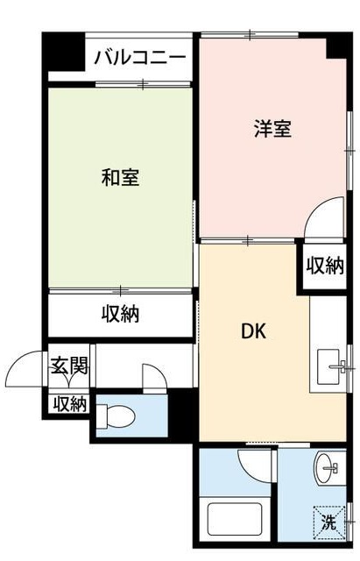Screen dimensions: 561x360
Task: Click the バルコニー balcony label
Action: tap(139, 59)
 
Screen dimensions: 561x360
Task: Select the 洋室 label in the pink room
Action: tap(272, 129)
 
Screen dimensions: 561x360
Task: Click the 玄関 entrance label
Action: tap(68, 366)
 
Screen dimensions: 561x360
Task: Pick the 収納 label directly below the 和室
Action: tap(119, 313)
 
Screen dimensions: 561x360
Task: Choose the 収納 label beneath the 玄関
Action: tap(69, 404)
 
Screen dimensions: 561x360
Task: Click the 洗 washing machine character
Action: tap(328, 523)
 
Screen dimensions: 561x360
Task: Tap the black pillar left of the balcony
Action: tap(63, 54)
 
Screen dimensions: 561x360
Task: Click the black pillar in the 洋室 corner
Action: tap(337, 48)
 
